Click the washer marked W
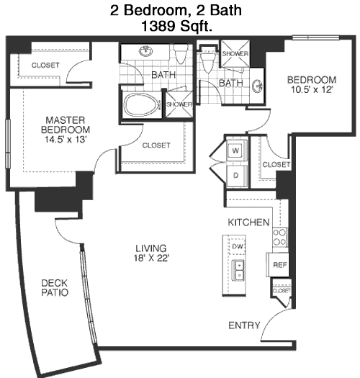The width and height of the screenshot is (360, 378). [237, 150]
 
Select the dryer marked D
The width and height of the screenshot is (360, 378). [237, 176]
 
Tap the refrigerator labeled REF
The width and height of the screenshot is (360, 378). [277, 265]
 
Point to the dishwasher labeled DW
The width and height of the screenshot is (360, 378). [237, 246]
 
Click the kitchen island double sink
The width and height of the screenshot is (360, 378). [238, 270]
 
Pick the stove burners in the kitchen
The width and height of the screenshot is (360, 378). [279, 237]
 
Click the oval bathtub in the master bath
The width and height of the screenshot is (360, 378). [142, 105]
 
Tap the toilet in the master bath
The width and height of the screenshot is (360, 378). [181, 53]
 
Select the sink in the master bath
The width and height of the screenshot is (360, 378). [146, 51]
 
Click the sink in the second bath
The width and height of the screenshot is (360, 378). [257, 86]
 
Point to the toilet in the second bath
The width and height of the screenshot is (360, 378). [208, 60]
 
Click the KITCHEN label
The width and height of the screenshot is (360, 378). [248, 222]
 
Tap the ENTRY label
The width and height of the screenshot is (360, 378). [244, 325]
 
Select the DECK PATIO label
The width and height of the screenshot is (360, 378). [55, 287]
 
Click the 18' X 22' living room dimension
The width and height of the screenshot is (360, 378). [151, 258]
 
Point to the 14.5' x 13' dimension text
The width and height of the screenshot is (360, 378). [66, 140]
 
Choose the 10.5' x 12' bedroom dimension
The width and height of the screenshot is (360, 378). [312, 90]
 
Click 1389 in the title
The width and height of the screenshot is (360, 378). [158, 26]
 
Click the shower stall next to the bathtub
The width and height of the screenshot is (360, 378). [179, 104]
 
